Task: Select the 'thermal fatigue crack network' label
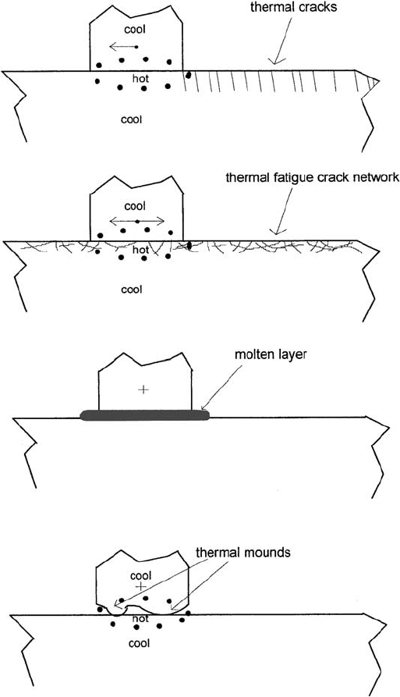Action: click(313, 178)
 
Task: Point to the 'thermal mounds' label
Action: click(243, 553)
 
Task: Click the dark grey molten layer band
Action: click(144, 415)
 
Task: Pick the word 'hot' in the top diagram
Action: click(140, 79)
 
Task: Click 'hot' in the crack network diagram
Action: click(140, 251)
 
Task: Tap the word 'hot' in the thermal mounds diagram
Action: click(140, 618)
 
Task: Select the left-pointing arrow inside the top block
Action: click(123, 46)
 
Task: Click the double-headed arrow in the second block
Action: click(137, 221)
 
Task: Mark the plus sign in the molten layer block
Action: click(143, 389)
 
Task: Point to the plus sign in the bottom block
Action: click(140, 586)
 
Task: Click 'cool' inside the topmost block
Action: click(135, 30)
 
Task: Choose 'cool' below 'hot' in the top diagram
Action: click(132, 119)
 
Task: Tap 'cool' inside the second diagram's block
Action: click(135, 206)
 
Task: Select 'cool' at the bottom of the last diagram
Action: click(139, 643)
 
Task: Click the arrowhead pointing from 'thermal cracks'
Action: click(275, 61)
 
